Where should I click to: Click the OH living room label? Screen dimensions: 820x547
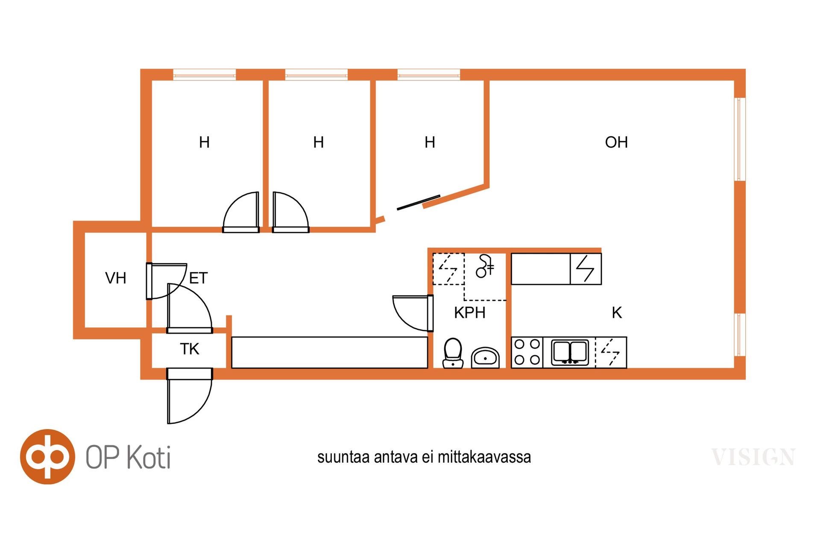(616, 142)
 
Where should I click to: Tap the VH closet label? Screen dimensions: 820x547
(116, 278)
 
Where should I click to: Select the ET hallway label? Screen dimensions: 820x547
(198, 278)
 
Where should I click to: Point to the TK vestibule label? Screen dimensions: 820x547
(190, 349)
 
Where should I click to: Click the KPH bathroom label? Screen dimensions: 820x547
(470, 313)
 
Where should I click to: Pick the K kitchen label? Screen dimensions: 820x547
(617, 313)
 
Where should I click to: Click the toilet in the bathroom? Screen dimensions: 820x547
(453, 353)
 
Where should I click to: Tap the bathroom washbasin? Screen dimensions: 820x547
(486, 357)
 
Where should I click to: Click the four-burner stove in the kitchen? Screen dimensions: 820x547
(527, 352)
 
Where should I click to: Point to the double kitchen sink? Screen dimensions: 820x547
(570, 352)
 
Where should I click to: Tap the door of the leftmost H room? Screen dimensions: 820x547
(241, 212)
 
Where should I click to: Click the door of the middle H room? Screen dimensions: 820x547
(291, 212)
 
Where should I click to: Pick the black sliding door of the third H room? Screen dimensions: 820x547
(419, 203)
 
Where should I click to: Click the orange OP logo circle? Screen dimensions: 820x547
(47, 456)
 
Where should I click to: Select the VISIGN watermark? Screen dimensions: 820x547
(753, 457)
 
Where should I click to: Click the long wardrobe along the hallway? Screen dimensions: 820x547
(330, 353)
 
